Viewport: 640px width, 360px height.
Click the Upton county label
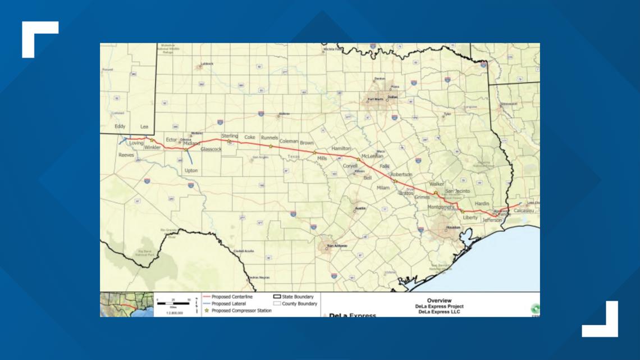click(191, 170)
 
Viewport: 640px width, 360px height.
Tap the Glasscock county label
click(211, 149)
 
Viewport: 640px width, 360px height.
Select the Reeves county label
click(126, 154)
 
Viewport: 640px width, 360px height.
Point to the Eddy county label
click(120, 127)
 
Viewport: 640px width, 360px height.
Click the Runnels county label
click(269, 138)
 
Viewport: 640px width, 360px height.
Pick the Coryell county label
click(350, 166)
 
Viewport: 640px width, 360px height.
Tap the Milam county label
click(383, 188)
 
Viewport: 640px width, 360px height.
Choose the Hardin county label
click(482, 204)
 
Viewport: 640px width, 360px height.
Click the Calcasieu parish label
click(523, 210)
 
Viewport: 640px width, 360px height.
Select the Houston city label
click(452, 227)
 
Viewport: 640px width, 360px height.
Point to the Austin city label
click(360, 209)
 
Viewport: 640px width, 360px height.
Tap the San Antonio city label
click(337, 247)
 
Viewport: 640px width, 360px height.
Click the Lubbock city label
click(207, 65)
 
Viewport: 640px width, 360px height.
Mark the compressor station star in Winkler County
click(152, 140)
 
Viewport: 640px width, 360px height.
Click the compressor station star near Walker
click(436, 193)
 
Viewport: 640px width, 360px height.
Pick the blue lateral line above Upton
click(189, 156)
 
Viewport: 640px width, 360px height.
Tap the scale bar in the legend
click(173, 303)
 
